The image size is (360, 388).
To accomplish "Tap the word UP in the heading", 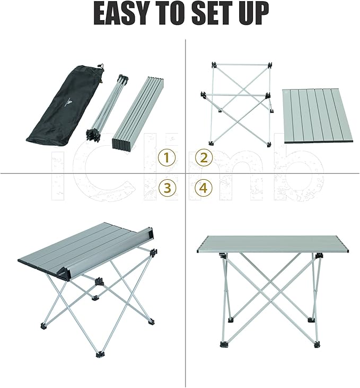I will [x=252, y=14].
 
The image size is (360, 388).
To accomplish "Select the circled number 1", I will [x=167, y=157].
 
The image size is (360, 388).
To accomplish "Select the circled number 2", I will [x=204, y=157].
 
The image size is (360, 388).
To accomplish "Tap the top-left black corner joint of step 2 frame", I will [x=214, y=66].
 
